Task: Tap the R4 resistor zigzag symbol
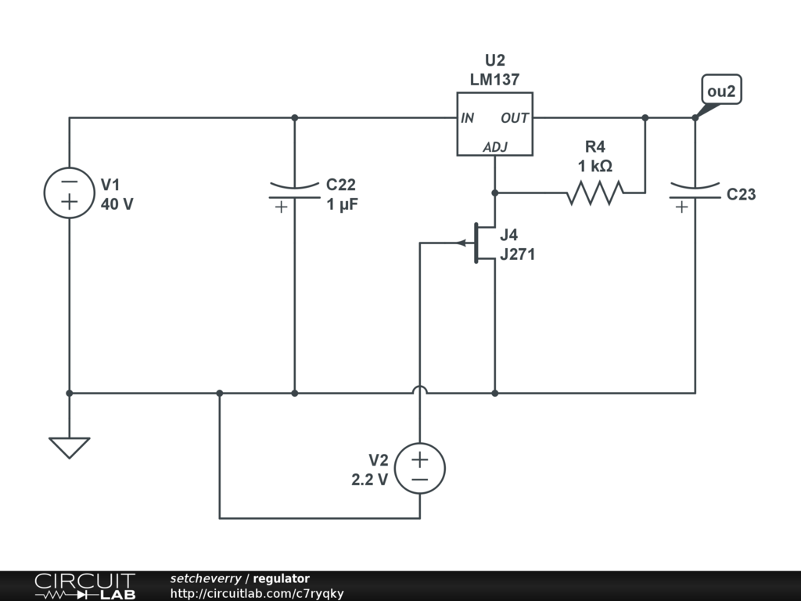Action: [x=595, y=193]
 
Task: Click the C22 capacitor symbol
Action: [x=294, y=196]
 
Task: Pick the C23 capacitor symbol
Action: [x=695, y=196]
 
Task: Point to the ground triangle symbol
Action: [x=70, y=448]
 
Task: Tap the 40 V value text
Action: [x=117, y=204]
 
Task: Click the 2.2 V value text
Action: [x=369, y=480]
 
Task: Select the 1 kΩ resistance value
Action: [x=595, y=166]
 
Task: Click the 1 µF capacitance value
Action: [x=343, y=204]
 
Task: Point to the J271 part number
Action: [x=518, y=254]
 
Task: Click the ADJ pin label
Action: [x=495, y=147]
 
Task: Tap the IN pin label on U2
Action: [x=468, y=118]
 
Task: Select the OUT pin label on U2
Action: [x=515, y=118]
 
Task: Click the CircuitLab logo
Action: [x=84, y=586]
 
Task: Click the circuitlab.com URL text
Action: [x=257, y=593]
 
